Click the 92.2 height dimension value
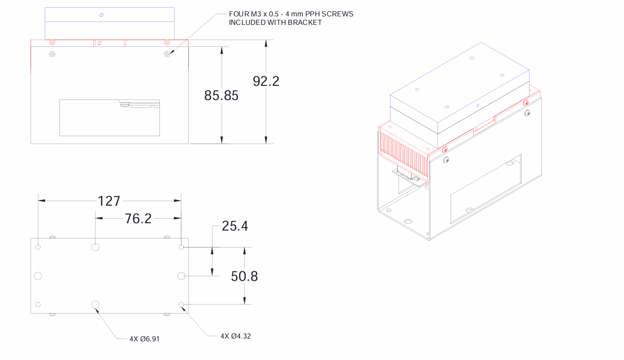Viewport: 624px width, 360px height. click(x=266, y=81)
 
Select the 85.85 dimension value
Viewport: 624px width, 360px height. click(x=221, y=96)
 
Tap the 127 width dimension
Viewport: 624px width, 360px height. click(x=109, y=201)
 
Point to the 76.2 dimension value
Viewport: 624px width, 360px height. click(x=138, y=218)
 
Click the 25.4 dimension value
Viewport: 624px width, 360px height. click(x=235, y=226)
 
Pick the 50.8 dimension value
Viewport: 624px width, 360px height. click(x=244, y=276)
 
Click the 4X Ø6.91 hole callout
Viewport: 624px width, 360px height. click(x=145, y=339)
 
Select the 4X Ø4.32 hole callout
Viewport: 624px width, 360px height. click(x=236, y=336)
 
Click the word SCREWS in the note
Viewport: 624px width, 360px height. click(x=337, y=14)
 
